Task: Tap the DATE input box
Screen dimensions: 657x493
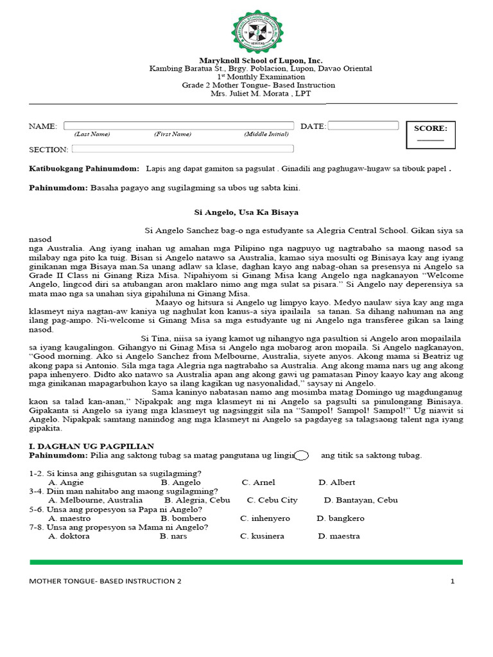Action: [x=363, y=126]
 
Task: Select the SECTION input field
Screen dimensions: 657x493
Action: [x=182, y=149]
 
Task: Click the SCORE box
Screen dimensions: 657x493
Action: [x=430, y=133]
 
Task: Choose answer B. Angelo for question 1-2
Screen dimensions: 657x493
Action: [x=180, y=482]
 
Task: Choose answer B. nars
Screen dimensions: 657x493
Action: [x=173, y=536]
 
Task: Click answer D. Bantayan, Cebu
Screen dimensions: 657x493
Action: [x=361, y=500]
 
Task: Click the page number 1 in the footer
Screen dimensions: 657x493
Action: [x=452, y=581]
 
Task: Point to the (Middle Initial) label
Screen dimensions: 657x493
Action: [x=266, y=134]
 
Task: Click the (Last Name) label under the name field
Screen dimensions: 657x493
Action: [x=92, y=134]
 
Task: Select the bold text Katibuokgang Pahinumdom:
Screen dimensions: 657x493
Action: [x=84, y=168]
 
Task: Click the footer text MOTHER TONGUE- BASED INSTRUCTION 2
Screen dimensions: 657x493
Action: [x=105, y=581]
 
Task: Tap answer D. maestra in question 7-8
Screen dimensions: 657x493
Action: [x=338, y=536]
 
